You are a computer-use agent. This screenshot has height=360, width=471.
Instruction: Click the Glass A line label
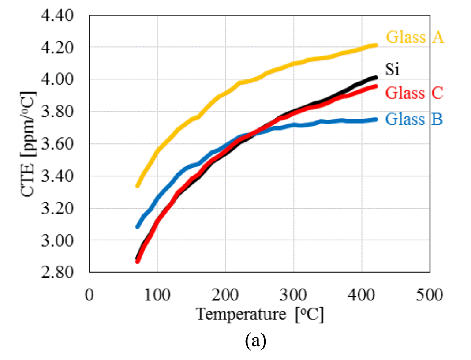click(x=415, y=37)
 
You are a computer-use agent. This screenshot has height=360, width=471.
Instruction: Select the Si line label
click(x=392, y=69)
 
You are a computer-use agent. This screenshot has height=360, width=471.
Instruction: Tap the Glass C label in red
click(x=414, y=93)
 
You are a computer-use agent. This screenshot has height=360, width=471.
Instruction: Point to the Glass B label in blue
click(x=414, y=119)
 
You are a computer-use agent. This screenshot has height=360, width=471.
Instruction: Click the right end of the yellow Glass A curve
click(x=376, y=45)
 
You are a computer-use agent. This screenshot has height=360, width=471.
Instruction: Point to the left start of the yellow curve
click(x=138, y=185)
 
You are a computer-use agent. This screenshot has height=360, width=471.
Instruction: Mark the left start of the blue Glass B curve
click(x=138, y=226)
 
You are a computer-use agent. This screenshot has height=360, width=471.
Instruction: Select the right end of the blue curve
click(x=376, y=119)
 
